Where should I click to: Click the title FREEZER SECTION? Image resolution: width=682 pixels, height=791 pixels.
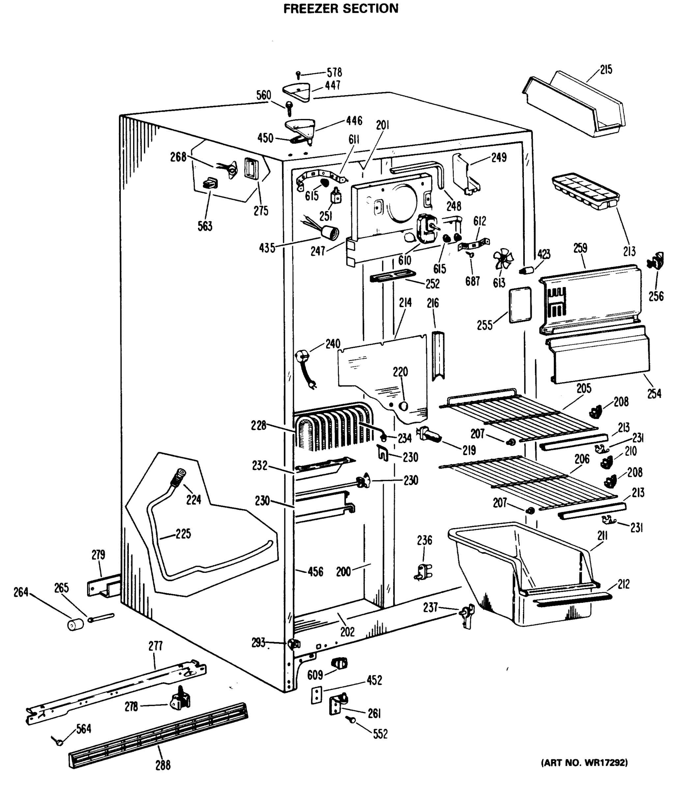click(340, 8)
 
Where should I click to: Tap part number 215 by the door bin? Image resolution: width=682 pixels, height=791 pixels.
click(606, 70)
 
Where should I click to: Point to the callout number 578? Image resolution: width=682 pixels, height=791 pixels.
click(334, 72)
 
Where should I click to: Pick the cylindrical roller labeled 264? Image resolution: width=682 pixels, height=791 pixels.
click(75, 625)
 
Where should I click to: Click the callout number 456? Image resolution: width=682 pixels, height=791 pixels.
click(315, 571)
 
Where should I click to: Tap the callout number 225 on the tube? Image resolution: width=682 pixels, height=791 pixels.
click(183, 534)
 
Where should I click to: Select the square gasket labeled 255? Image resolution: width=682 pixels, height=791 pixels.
click(520, 305)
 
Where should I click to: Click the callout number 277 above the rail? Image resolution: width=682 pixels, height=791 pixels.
click(155, 646)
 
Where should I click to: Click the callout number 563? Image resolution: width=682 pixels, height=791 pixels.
click(205, 226)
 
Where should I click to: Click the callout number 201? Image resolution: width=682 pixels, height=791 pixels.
click(383, 125)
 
